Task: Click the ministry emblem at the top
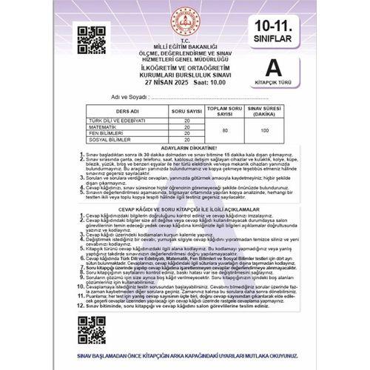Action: pos(182,21)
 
